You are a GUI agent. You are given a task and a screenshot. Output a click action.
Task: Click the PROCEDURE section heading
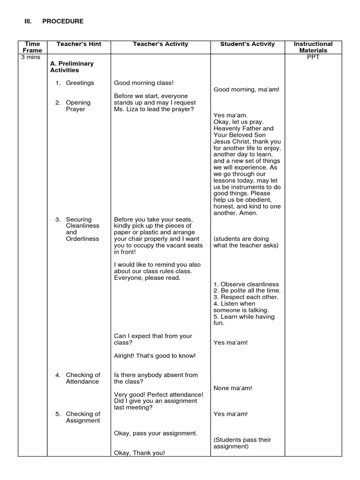point(63,21)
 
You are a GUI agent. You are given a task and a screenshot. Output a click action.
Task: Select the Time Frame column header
point(33,47)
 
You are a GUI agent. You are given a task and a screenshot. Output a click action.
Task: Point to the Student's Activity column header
point(247,44)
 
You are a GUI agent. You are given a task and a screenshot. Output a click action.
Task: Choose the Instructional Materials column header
point(313,47)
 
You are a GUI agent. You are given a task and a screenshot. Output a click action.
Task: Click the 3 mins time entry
point(31,57)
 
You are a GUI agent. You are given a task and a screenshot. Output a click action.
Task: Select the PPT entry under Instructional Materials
point(313,57)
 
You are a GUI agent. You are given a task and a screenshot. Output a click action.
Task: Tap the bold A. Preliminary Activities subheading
point(72,67)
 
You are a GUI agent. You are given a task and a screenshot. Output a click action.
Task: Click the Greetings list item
point(80,83)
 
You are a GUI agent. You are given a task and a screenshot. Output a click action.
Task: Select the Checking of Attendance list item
point(82,378)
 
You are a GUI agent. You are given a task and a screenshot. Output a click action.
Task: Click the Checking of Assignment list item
point(82,417)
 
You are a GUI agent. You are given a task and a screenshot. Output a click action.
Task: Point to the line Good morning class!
point(144,83)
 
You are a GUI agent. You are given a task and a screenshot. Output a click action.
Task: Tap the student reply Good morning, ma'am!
point(246,90)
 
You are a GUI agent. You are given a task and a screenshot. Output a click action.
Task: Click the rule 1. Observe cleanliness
point(246,284)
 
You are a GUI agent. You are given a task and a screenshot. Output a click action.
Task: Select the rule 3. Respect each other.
point(246,297)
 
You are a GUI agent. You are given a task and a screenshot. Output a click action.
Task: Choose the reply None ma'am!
point(233,388)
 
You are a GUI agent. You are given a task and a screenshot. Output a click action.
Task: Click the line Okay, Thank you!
point(140,453)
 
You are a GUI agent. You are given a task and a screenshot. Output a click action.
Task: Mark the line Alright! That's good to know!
point(155,356)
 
